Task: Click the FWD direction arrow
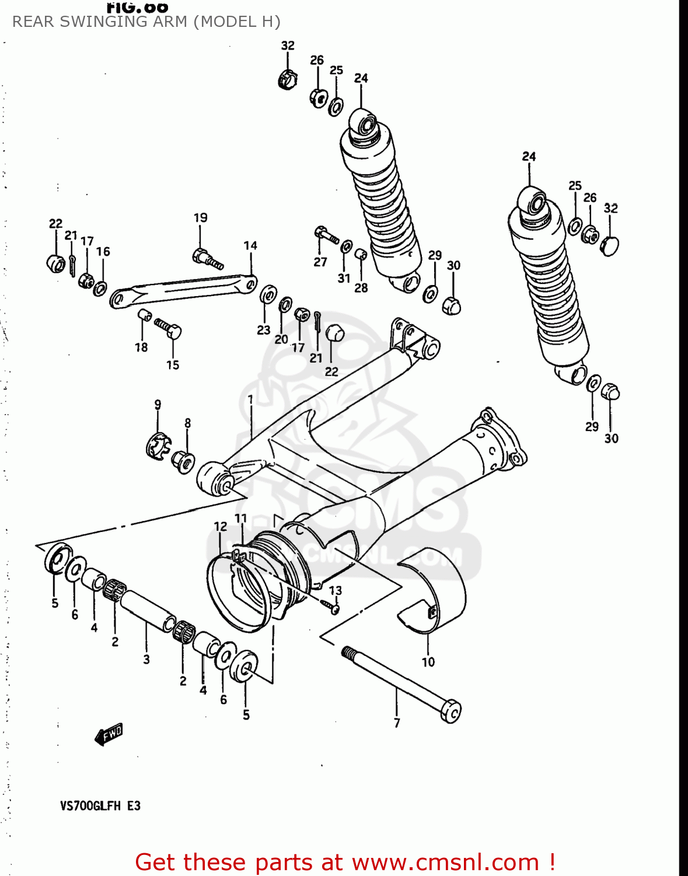[x=109, y=734]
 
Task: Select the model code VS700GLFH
[x=90, y=806]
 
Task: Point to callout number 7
[x=397, y=723]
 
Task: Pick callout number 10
[x=428, y=662]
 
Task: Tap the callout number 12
[x=220, y=527]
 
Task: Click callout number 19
[x=200, y=217]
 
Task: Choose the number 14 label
[x=250, y=245]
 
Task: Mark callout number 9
[x=158, y=404]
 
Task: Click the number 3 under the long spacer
[x=146, y=659]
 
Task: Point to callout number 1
[x=250, y=399]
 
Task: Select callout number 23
[x=263, y=330]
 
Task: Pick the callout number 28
[x=361, y=287]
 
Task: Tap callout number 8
[x=187, y=423]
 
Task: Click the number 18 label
[x=141, y=347]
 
